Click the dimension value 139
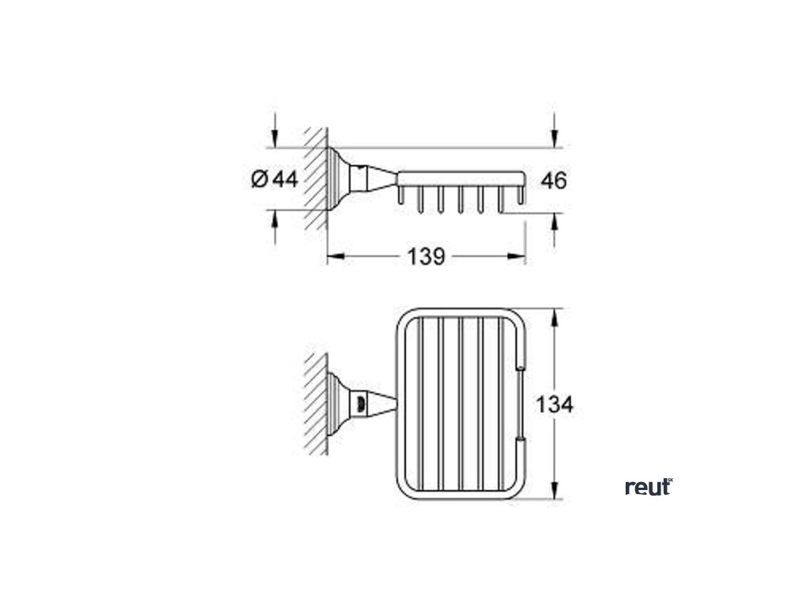427,256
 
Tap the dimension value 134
553,404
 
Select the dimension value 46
553,181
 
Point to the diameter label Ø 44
274,180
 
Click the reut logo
649,487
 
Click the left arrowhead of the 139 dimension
334,255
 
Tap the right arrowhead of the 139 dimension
520,255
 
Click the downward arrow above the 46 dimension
554,140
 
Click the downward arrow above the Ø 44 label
274,140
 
